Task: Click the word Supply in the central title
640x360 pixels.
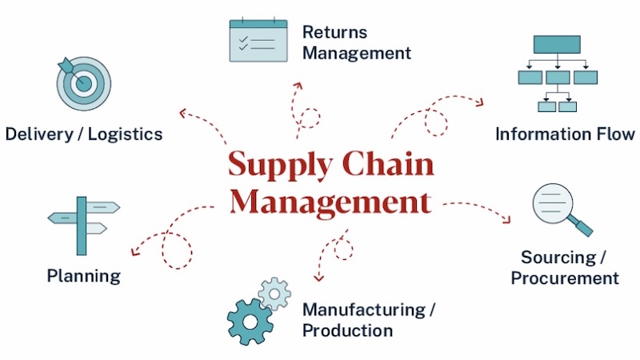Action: [280, 166]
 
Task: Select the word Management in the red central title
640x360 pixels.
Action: [330, 202]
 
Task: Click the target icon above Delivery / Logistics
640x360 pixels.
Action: [84, 83]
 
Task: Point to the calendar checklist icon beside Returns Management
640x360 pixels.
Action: [258, 40]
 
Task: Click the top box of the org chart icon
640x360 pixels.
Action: [557, 45]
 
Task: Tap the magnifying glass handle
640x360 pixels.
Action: [581, 226]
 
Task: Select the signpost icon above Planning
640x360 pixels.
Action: [84, 226]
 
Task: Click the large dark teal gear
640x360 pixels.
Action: [250, 322]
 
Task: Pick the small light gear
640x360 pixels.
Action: [274, 294]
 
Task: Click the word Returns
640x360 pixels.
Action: [334, 32]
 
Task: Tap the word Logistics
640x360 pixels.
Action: [126, 134]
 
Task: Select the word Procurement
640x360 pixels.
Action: [565, 278]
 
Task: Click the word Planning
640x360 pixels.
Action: [84, 276]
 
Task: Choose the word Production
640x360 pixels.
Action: [348, 330]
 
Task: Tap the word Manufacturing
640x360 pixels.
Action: [364, 310]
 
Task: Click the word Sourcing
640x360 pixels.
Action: [558, 258]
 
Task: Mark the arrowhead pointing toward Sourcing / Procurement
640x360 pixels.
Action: [507, 219]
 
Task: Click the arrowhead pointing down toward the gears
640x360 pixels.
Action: [318, 278]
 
